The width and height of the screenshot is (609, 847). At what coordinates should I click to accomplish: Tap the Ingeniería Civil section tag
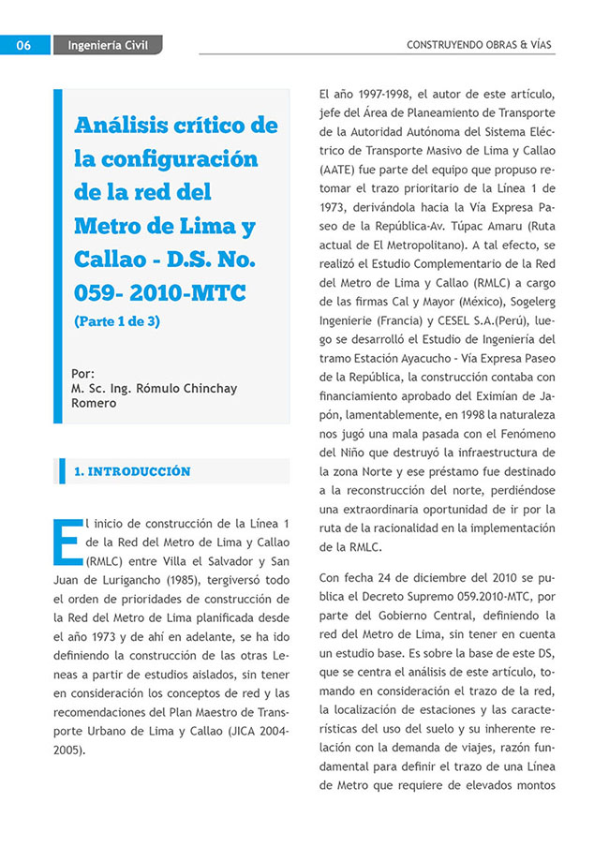pos(108,44)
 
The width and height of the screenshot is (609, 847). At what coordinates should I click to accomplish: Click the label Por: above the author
pos(82,372)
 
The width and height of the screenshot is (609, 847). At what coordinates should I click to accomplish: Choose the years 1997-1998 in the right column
pos(381,95)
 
